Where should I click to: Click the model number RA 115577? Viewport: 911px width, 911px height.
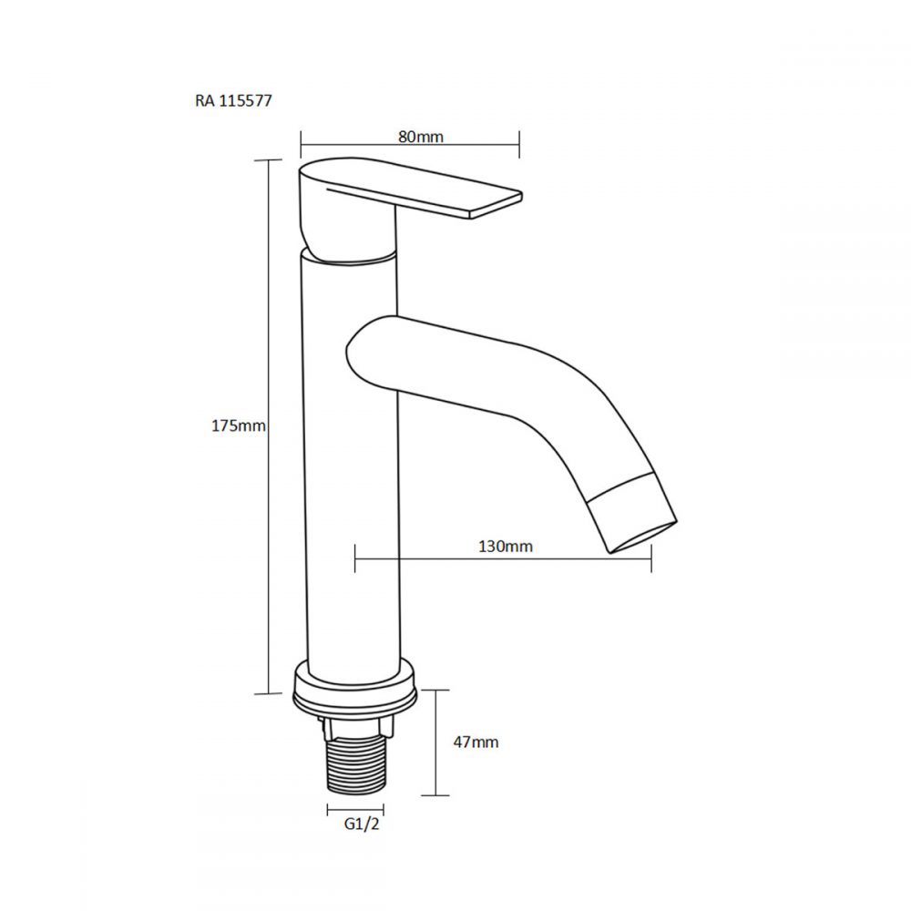click(233, 100)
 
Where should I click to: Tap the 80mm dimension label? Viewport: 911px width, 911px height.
click(421, 137)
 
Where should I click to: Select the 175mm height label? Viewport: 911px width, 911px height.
click(238, 425)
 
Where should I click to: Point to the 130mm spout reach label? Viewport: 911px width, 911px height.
click(506, 546)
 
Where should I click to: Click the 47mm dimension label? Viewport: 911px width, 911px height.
click(476, 742)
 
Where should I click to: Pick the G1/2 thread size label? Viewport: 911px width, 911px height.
click(362, 824)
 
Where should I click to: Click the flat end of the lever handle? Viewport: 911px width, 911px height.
click(496, 205)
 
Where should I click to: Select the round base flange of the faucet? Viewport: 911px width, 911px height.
click(355, 691)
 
